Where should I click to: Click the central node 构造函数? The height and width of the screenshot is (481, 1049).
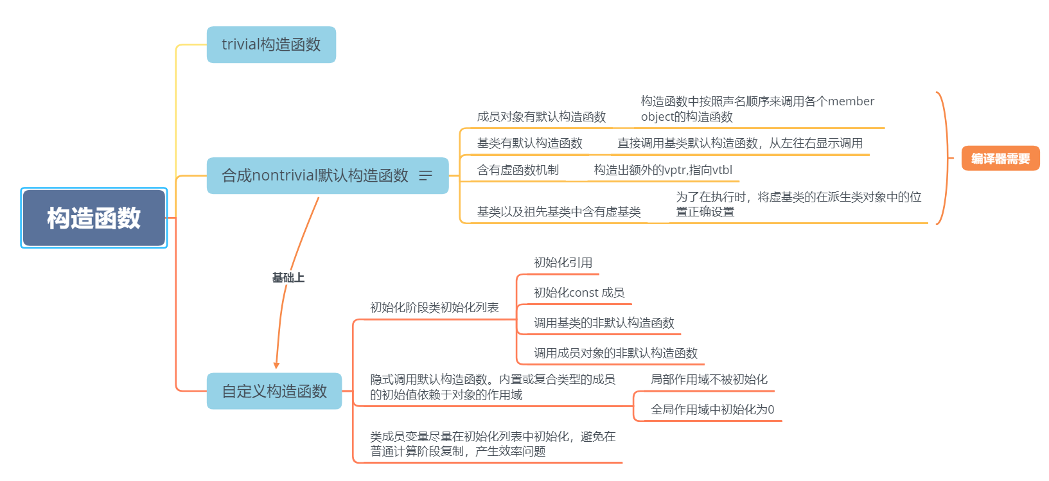tap(94, 218)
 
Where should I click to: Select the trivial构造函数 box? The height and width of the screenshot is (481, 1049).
tap(271, 44)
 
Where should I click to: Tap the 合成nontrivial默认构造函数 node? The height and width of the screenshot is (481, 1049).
tap(328, 175)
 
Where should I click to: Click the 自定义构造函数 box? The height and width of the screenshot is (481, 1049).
tap(274, 391)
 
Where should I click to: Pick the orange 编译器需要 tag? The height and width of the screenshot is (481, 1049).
tap(1000, 159)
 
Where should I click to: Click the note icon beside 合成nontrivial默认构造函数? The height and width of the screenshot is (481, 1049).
tap(425, 175)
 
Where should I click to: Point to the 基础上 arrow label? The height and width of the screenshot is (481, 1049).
tap(288, 277)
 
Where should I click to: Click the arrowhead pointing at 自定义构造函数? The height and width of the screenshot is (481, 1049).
tap(276, 365)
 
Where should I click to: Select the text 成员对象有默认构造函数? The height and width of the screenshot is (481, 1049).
tap(542, 117)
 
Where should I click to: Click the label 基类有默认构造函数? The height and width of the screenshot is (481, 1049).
tap(530, 143)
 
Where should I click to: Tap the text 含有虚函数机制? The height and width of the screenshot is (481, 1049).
tap(518, 170)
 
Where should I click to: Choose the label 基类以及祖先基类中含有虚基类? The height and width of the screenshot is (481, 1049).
tap(559, 212)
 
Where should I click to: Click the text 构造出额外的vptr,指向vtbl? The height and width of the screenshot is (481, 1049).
tap(663, 170)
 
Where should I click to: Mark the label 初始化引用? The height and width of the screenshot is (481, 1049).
tap(563, 262)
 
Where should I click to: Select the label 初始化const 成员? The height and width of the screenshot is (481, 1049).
tap(579, 293)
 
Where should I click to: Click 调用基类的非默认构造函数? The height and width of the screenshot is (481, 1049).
tap(604, 322)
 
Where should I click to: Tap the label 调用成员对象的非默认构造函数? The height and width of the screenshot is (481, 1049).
tap(616, 353)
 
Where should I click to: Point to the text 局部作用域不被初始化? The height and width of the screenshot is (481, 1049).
tap(709, 380)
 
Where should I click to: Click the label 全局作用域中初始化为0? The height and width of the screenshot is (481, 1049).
tap(712, 409)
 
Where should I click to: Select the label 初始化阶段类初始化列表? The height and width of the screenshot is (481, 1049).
tap(435, 307)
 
